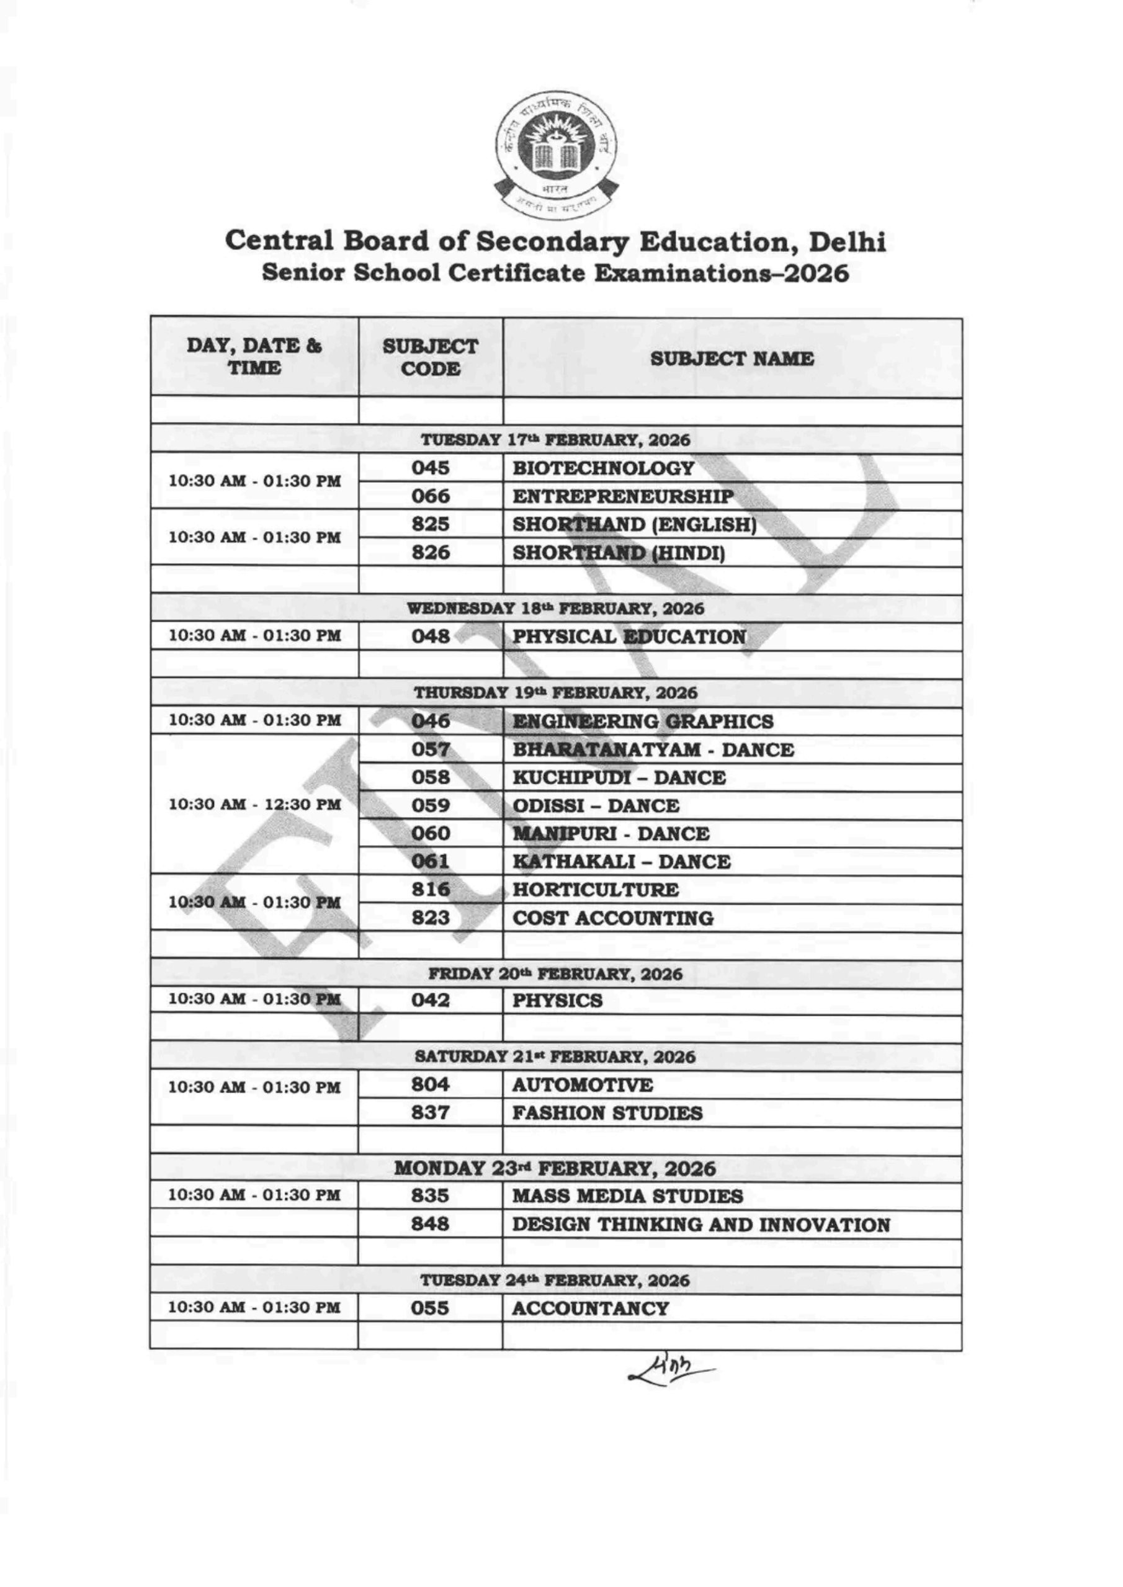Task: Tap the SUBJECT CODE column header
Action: click(x=430, y=357)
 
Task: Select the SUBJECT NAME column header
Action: click(x=732, y=358)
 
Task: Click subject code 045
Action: click(x=430, y=468)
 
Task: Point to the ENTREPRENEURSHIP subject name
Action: click(x=622, y=496)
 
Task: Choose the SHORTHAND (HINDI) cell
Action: click(x=618, y=553)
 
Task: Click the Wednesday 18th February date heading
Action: click(x=555, y=609)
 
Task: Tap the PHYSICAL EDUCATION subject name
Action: click(x=629, y=636)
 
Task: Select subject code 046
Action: click(x=430, y=720)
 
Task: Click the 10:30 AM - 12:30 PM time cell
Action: click(x=254, y=804)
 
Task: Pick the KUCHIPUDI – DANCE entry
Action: click(x=618, y=777)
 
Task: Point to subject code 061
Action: click(x=430, y=861)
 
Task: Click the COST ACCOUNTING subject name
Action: click(x=612, y=918)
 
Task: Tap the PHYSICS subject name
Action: click(x=557, y=1000)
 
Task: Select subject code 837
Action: click(x=430, y=1112)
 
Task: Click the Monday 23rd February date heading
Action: click(x=555, y=1168)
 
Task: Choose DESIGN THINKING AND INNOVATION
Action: click(x=700, y=1225)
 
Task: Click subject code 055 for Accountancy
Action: click(x=429, y=1308)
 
